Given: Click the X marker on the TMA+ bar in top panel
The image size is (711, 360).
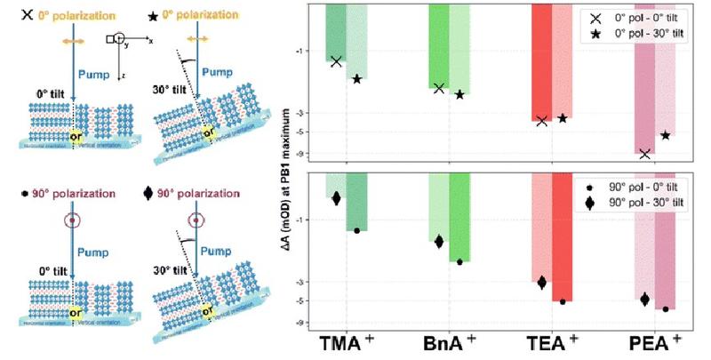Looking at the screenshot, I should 336,61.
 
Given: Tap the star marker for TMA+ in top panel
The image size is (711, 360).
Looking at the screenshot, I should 357,79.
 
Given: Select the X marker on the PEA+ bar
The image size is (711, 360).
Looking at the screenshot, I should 645,154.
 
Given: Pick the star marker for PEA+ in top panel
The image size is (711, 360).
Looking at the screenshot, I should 666,135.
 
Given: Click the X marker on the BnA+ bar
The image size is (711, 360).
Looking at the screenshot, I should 439,88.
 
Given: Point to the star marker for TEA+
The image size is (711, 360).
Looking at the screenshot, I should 563,118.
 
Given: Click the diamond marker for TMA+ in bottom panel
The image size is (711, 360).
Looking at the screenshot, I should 336,198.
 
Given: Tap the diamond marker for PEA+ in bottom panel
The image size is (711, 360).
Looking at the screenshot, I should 645,300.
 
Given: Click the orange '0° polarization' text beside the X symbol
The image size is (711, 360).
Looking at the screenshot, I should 76,16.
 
